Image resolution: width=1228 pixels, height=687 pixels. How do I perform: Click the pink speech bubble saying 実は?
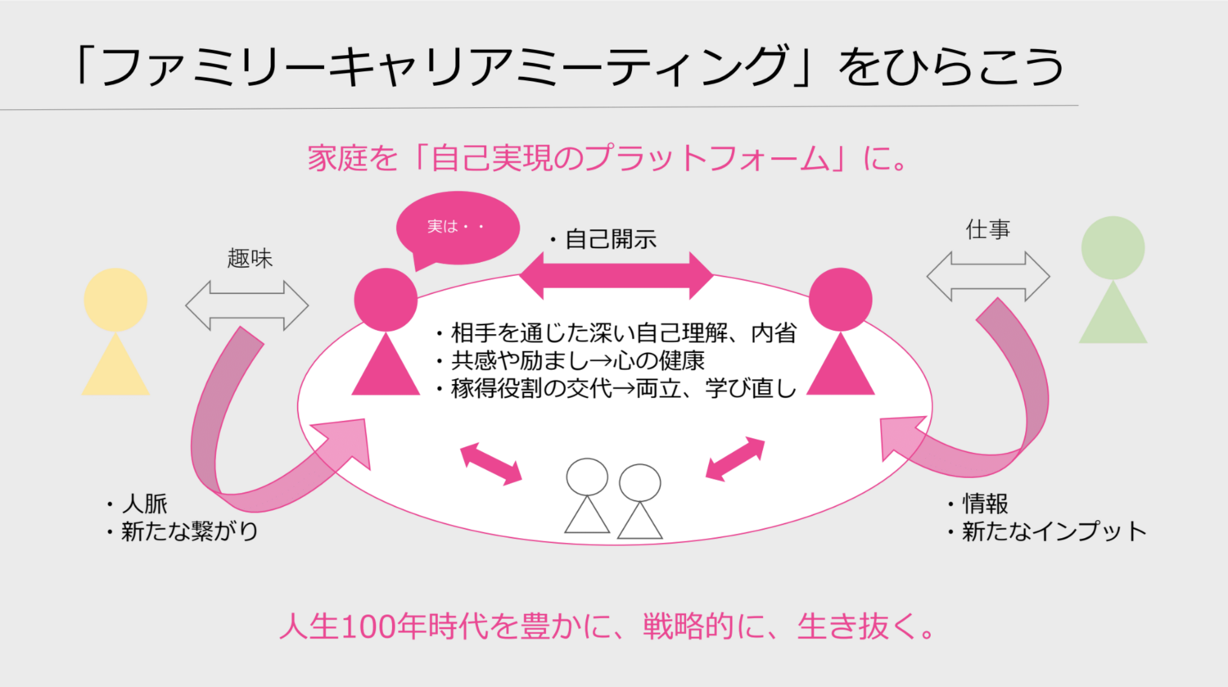coord(458,228)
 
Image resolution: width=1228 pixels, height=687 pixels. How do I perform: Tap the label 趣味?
coord(250,258)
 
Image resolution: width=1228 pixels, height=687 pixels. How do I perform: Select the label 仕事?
coord(988,229)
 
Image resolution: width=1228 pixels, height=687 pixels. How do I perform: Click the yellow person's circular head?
coord(115,300)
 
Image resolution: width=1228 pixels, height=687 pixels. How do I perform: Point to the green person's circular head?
coord(1113,248)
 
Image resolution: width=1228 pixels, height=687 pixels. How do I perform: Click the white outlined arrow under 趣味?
coord(246,305)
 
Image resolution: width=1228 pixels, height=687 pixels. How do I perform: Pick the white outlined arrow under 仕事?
coord(988,276)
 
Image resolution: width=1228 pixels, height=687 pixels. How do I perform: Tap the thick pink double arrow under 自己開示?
coord(616,276)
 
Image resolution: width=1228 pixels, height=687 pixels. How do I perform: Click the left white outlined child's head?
coord(587,477)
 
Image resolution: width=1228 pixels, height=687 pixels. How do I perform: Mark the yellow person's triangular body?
coord(115,364)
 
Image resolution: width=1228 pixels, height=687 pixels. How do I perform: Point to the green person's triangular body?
coord(1113,312)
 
